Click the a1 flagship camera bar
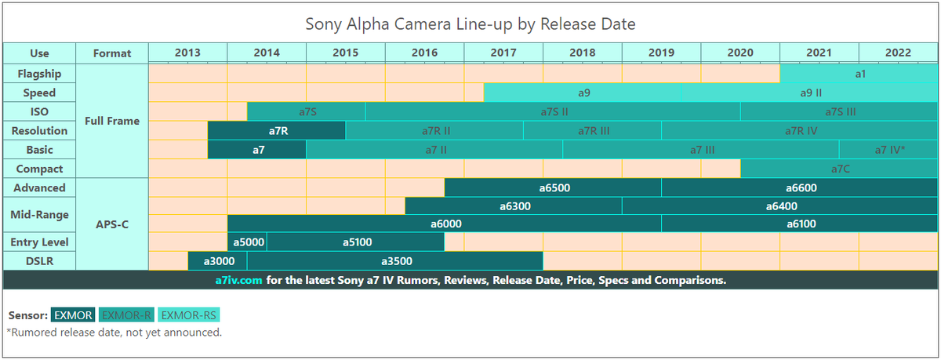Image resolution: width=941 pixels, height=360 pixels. pos(859,73)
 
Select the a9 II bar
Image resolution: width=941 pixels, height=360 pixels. pos(810,93)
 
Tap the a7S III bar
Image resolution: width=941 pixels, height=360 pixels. pos(839,111)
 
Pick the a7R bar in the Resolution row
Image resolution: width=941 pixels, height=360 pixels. pos(277,130)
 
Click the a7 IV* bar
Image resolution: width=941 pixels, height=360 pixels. pos(888,149)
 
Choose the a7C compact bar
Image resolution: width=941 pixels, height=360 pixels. pos(839,169)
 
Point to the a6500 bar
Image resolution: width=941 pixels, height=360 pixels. pos(553,187)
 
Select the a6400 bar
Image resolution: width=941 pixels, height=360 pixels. pos(780,206)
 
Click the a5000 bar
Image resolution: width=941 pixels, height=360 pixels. pos(247,242)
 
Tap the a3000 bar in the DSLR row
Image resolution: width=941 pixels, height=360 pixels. pos(217,261)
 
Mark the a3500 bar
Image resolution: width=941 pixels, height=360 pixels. pos(395,261)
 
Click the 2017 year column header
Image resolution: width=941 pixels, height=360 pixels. pos(503,53)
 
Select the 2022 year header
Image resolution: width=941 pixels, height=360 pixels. pos(898,53)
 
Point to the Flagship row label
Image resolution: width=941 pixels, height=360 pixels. pos(39,73)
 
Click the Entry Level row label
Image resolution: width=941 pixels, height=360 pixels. pos(39,242)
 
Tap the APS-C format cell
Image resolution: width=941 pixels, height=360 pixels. pos(112,224)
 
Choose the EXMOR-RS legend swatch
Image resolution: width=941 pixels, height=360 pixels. pos(189,315)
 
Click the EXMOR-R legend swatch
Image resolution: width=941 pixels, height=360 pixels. pos(126,315)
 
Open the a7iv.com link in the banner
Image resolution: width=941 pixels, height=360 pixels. pos(238,280)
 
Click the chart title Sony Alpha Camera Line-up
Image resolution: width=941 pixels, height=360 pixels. pos(470,24)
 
